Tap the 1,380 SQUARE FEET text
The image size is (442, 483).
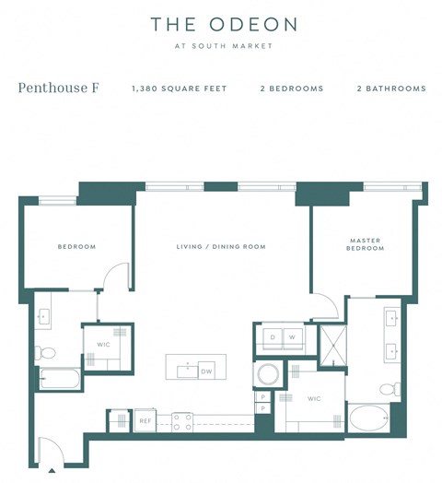(x=179, y=89)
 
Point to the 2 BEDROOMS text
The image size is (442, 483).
(x=291, y=89)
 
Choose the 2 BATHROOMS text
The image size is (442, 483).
(x=390, y=89)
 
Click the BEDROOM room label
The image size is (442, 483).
(x=76, y=247)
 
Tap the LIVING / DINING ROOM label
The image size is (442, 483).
(x=221, y=247)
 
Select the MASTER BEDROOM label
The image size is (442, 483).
(x=365, y=244)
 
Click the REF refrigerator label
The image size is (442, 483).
(x=145, y=421)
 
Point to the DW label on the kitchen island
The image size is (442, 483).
(x=205, y=371)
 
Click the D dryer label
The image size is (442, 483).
(x=273, y=337)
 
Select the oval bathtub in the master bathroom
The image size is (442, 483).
(x=371, y=419)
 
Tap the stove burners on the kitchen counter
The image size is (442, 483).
(x=181, y=421)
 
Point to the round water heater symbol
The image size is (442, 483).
(x=269, y=375)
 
